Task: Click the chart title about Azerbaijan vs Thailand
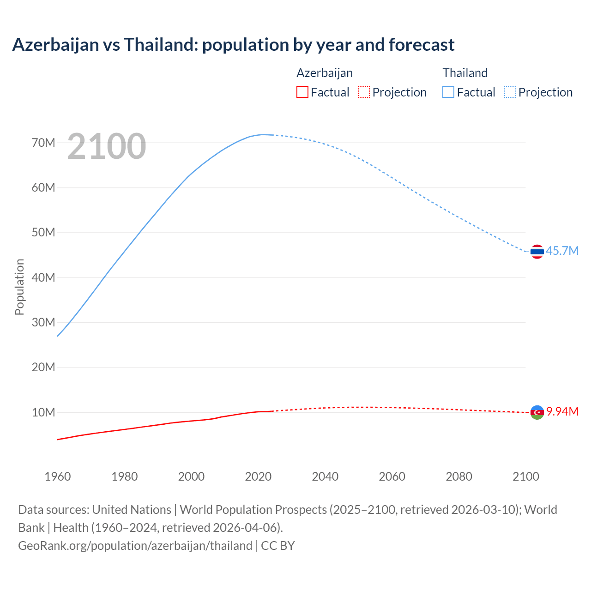click(x=233, y=45)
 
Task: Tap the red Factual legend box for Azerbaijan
click(x=302, y=92)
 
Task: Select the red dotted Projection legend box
click(x=364, y=92)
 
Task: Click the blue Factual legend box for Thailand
click(x=448, y=92)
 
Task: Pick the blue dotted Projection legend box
click(x=510, y=92)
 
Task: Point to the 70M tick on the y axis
click(x=43, y=143)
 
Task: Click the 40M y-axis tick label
click(x=43, y=277)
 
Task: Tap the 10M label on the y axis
click(x=43, y=412)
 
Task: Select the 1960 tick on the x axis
click(x=58, y=476)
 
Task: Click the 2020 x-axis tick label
click(x=258, y=476)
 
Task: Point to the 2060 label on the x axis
click(x=392, y=476)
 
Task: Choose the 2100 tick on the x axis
click(x=526, y=476)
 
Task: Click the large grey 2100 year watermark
click(x=107, y=146)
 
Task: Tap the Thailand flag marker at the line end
click(x=537, y=252)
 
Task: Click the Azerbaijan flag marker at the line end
click(x=537, y=412)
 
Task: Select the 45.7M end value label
click(x=562, y=251)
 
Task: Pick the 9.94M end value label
click(x=562, y=411)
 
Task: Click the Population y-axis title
click(x=19, y=287)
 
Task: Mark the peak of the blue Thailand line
click(x=264, y=134)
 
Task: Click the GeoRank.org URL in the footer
click(x=135, y=546)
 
